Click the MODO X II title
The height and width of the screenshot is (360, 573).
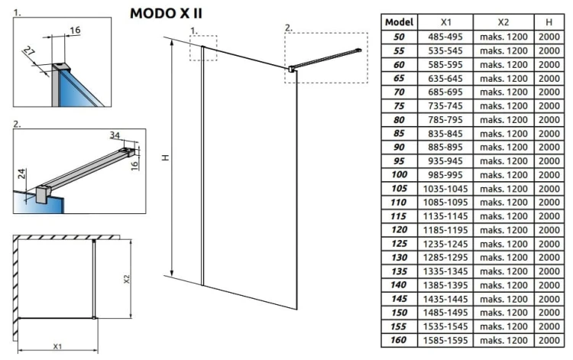(166, 13)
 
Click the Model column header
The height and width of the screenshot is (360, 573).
(399, 23)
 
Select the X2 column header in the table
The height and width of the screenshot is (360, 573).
(503, 23)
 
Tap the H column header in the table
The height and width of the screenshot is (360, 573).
(549, 23)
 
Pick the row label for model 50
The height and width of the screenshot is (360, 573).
(399, 37)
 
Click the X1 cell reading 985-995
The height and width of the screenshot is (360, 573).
(445, 175)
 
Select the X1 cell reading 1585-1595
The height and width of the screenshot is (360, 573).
(445, 339)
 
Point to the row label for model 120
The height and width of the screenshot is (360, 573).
(399, 229)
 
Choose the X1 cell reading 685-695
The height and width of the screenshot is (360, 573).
(445, 92)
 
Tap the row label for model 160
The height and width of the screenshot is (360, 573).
(399, 339)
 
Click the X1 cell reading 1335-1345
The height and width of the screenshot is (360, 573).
(445, 271)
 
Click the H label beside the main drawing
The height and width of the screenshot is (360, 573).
(164, 159)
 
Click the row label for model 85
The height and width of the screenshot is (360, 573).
(399, 134)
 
